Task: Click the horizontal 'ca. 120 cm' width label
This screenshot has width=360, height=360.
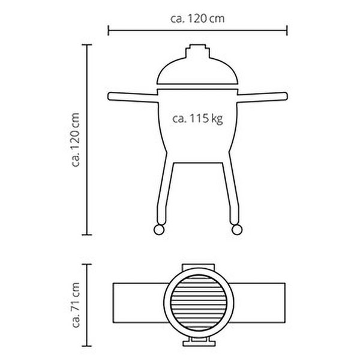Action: (x=197, y=19)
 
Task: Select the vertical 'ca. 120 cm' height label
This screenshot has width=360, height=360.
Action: (x=76, y=140)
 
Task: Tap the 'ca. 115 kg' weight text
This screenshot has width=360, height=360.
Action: (x=197, y=119)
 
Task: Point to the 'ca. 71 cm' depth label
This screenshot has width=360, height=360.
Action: (x=76, y=305)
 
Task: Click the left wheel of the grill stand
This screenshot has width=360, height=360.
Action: (x=159, y=230)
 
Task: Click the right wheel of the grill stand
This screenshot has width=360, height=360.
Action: (x=237, y=230)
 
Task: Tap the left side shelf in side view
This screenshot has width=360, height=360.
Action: (x=133, y=97)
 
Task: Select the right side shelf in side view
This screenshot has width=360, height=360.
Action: (x=262, y=97)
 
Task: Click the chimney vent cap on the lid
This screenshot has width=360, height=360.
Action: (x=197, y=51)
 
